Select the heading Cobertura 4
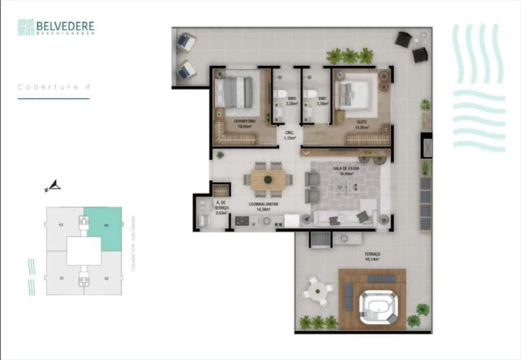[x=54, y=86]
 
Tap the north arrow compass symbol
[x=53, y=187]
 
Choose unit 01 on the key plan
[x=61, y=278]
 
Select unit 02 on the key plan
[x=106, y=278]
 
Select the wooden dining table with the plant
[x=268, y=179]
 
